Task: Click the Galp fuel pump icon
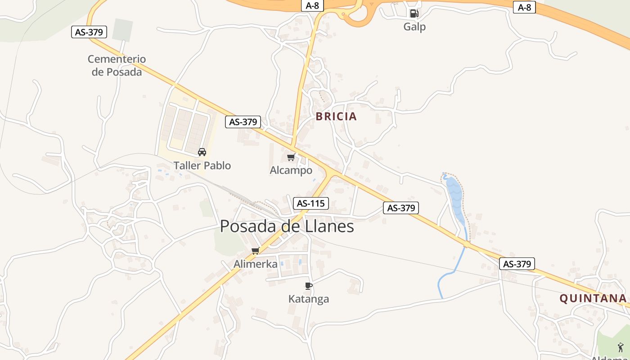pos(414,13)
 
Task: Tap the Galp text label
pos(414,27)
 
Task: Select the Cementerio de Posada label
pos(117,65)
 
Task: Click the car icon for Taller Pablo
pos(202,152)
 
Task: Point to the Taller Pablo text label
pos(202,166)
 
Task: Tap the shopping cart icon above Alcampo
pos(291,157)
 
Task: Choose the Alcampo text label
pos(291,171)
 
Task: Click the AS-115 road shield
pos(311,203)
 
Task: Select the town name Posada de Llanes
pos(287,226)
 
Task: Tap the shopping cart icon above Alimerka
pos(256,251)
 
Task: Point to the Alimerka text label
pos(255,264)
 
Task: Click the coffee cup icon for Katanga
pos(308,286)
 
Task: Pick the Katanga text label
pos(308,299)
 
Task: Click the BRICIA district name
pos(336,117)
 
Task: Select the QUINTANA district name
pos(593,298)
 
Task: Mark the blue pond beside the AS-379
pos(454,198)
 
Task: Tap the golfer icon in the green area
pos(621,347)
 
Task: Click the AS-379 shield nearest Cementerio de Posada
pos(90,32)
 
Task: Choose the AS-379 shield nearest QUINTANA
pos(517,264)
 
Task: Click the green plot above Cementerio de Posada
pos(122,30)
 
